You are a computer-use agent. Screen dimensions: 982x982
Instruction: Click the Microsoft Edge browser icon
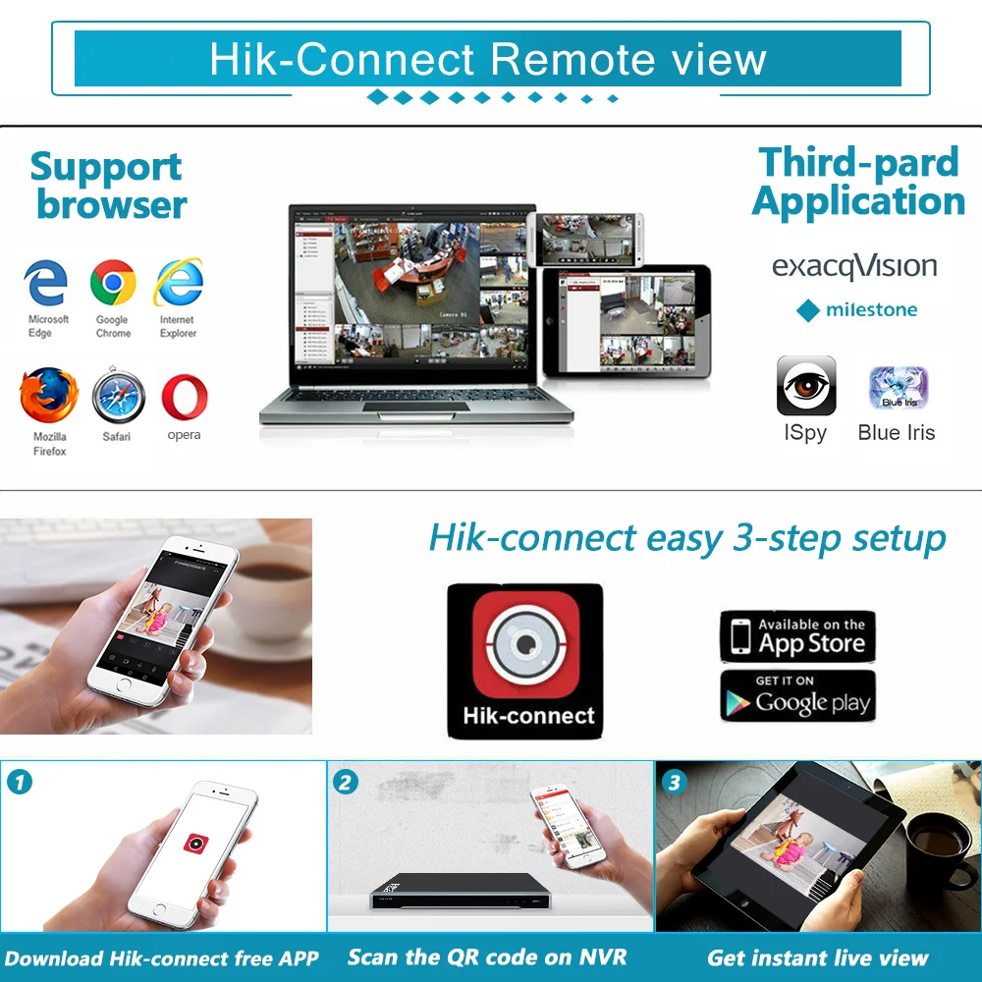46,284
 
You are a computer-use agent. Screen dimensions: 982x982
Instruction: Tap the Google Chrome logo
113,284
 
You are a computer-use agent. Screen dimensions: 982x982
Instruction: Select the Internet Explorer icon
178,283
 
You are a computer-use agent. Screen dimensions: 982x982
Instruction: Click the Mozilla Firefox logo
48,397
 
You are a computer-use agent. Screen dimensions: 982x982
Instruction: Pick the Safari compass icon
118,397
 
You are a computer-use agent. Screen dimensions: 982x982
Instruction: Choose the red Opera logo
184,397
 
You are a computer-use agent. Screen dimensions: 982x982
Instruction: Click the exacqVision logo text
853,266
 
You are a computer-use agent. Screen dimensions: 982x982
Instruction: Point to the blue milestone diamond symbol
808,310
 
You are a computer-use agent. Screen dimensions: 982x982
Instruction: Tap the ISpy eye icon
806,386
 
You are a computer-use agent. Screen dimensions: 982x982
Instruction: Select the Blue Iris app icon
898,388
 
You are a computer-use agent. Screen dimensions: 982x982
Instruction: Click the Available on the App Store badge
797,636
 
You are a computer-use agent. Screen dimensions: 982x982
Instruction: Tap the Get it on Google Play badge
797,695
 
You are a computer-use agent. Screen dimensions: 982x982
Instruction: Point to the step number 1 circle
20,783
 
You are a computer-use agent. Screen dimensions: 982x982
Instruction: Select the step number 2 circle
346,783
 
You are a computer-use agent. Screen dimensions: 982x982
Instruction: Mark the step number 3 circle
674,783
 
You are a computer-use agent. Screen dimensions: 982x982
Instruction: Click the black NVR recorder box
458,892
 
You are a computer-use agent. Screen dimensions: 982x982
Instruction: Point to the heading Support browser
108,186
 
